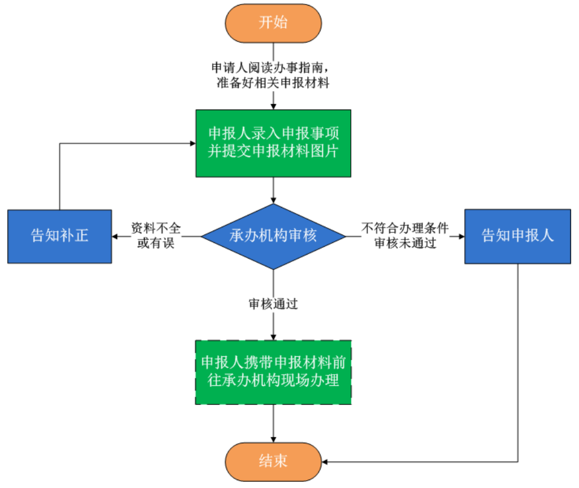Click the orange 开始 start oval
tap(273, 22)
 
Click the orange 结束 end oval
tap(273, 461)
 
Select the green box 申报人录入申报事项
tap(273, 143)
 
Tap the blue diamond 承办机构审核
tap(273, 236)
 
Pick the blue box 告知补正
tap(59, 236)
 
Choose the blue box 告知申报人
tap(518, 236)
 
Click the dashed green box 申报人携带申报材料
tap(273, 372)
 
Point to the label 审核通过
tap(273, 305)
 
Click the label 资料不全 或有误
tap(156, 236)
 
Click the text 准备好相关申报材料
tap(272, 84)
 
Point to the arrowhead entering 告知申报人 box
tap(461, 236)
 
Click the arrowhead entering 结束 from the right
tap(325, 462)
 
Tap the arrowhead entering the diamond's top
tap(273, 200)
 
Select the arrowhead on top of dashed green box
tap(273, 337)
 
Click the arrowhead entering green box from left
tap(192, 143)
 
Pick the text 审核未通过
tap(405, 243)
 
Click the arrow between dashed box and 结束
tap(273, 423)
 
